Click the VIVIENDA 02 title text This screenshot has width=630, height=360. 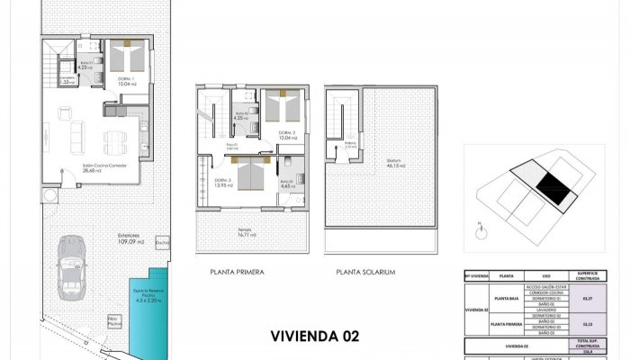(315, 336)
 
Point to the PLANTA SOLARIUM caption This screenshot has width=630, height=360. (366, 271)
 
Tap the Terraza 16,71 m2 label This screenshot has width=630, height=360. (247, 233)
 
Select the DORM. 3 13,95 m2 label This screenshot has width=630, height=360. (222, 182)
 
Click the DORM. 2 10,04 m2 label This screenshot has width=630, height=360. (286, 136)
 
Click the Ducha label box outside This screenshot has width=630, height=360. (162, 242)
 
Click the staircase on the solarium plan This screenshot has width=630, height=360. (341, 112)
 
